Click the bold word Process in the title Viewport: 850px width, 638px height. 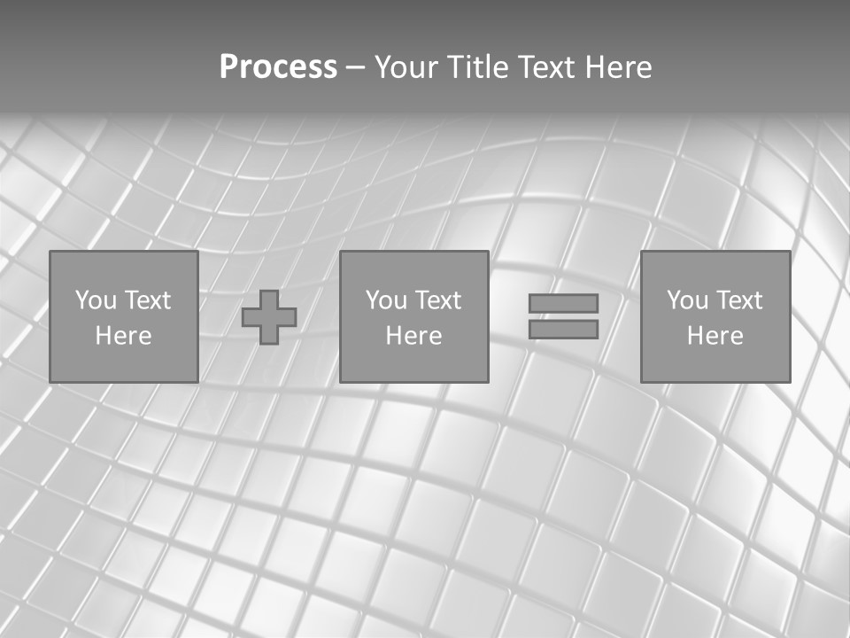(278, 67)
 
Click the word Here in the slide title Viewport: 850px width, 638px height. (621, 67)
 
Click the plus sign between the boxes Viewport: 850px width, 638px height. (269, 317)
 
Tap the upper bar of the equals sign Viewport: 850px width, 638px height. (563, 303)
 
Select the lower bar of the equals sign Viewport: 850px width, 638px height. (563, 330)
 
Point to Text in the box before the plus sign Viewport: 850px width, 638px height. (147, 300)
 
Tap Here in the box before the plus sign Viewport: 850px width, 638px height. (123, 336)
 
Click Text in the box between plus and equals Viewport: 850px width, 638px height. (437, 300)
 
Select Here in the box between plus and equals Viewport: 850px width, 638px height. (413, 336)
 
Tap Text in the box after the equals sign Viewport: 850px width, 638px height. (738, 300)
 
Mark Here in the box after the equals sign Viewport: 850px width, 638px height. (715, 336)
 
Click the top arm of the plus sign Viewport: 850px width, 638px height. (269, 299)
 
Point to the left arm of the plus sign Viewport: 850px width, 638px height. (251, 317)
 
